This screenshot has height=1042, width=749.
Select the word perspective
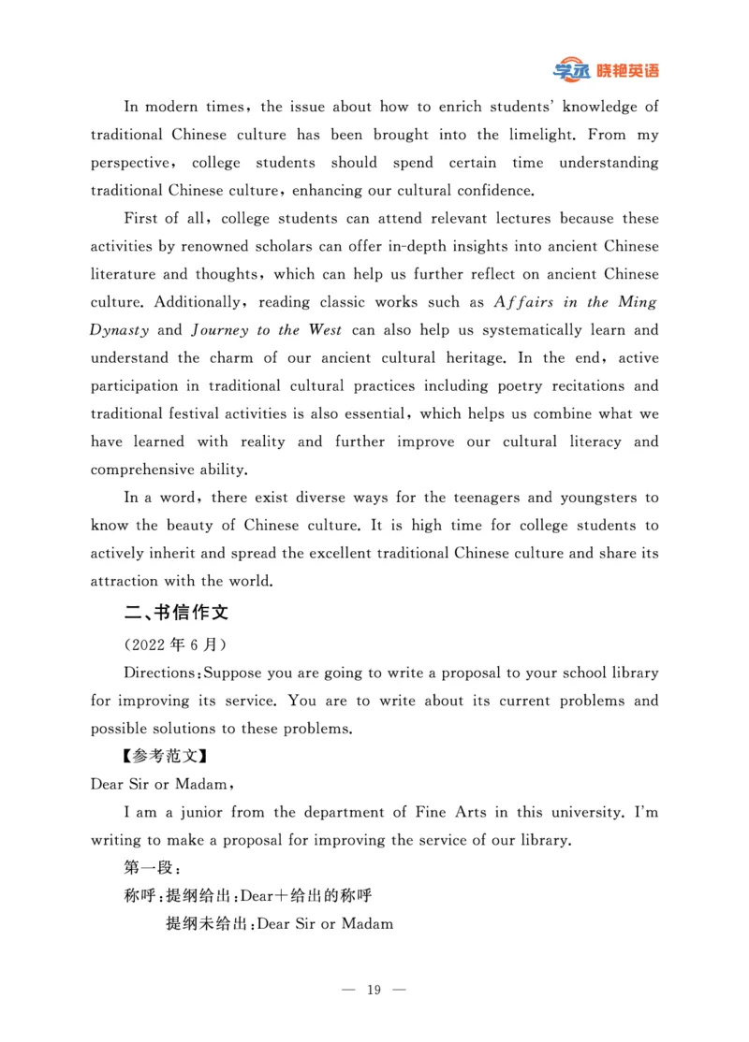[x=130, y=163]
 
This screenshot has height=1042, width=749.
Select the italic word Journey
[x=220, y=330]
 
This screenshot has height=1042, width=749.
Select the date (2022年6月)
[x=174, y=645]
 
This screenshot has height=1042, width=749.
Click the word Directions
[x=160, y=673]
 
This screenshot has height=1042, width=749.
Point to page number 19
[x=374, y=989]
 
